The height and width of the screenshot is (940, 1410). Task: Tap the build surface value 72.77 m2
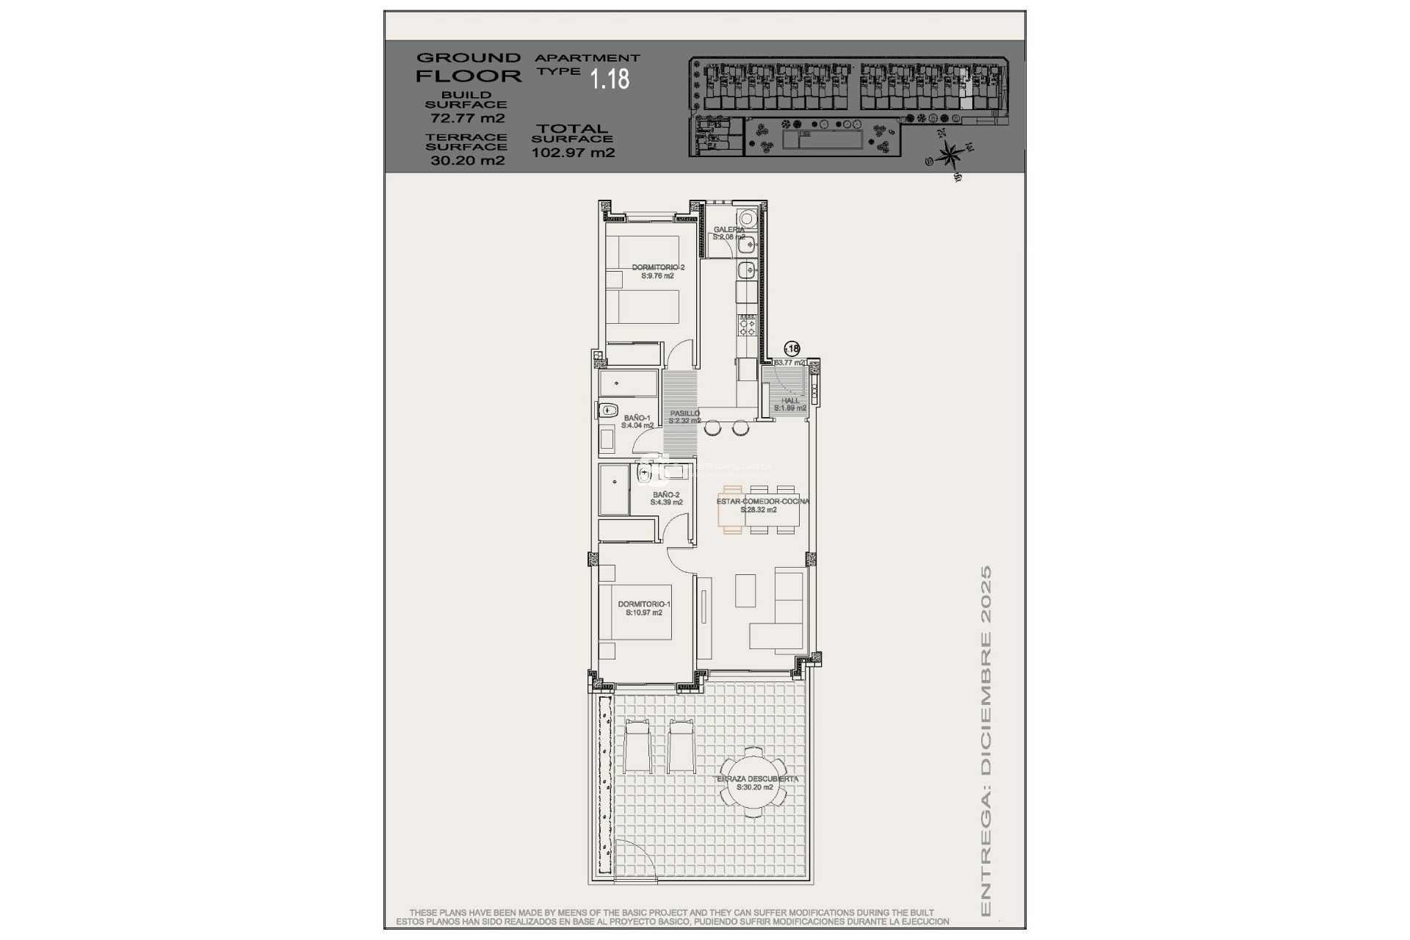[x=466, y=117]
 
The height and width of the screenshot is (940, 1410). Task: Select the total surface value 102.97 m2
[x=573, y=153]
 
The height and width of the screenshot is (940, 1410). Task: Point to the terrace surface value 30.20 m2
[x=467, y=160]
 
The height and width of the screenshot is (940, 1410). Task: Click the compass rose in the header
[x=950, y=154]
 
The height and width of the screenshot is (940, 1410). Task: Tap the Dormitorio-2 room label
[x=658, y=272]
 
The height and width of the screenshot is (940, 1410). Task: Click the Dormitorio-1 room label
[x=644, y=608]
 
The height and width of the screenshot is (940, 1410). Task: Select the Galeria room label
[x=728, y=233]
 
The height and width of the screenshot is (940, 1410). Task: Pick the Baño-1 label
[x=637, y=421]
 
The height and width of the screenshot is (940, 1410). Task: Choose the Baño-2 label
[x=667, y=498]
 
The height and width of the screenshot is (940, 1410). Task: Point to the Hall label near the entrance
[x=790, y=404]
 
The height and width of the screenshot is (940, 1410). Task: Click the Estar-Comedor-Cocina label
[x=762, y=505]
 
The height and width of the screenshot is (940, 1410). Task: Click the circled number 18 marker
[x=792, y=349]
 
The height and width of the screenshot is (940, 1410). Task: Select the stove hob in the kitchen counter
[x=747, y=323]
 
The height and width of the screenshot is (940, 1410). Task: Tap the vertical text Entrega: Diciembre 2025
[x=986, y=742]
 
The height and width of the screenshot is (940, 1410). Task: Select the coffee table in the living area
[x=745, y=590]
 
